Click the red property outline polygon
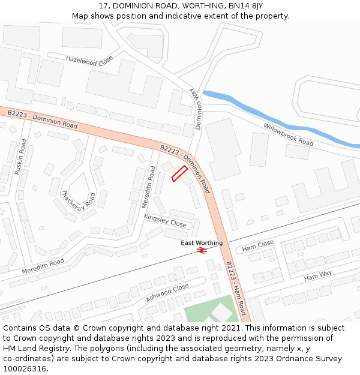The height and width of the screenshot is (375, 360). click(179, 173)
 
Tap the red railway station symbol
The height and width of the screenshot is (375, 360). click(202, 251)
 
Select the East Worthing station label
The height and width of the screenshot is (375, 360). click(202, 243)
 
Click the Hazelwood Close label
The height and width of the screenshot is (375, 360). click(89, 60)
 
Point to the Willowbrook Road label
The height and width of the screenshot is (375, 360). click(289, 134)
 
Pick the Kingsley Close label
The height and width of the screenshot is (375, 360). click(165, 220)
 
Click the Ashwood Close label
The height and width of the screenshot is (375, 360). click(167, 292)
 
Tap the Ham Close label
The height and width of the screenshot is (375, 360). click(258, 246)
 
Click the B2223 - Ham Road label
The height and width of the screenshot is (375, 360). click(235, 288)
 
